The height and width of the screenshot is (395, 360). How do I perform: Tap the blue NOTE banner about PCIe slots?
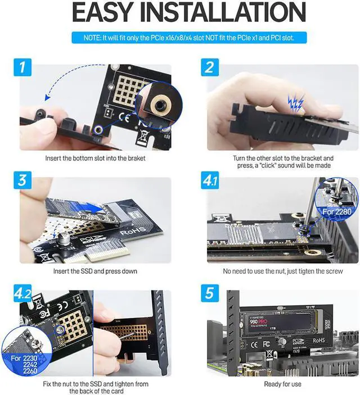179,38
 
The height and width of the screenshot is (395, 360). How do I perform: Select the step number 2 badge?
209,67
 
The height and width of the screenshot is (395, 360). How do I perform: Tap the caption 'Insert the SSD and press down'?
94,271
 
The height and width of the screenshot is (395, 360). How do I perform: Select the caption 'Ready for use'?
282,384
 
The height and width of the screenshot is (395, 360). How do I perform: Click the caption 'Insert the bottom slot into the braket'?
94,158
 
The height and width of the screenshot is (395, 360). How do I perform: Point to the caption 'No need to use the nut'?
283,271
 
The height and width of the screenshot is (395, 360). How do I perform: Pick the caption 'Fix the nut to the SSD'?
94,387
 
